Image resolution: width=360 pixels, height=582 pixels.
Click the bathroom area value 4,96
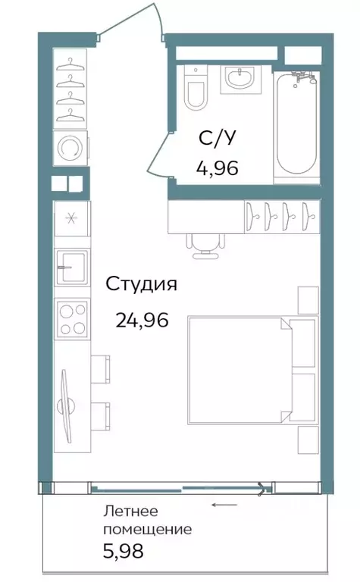(x=217, y=168)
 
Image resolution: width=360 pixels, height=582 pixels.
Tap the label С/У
(x=217, y=139)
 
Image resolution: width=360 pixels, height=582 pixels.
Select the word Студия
(x=142, y=285)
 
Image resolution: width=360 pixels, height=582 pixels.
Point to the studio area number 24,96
(x=142, y=320)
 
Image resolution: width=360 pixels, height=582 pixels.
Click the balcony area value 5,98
(x=124, y=551)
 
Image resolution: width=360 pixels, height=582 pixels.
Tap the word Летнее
(x=130, y=511)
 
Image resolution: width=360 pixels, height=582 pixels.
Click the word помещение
(x=148, y=529)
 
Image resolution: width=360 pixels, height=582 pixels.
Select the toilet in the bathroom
(x=196, y=88)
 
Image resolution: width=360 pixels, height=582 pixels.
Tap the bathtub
(x=297, y=124)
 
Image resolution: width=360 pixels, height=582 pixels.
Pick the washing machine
(x=70, y=148)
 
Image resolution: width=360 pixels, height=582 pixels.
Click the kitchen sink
(x=72, y=268)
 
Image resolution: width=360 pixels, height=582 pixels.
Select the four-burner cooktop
(x=72, y=319)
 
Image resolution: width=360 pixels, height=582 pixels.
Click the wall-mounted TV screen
(x=66, y=405)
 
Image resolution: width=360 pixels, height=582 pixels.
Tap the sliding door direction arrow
(x=224, y=505)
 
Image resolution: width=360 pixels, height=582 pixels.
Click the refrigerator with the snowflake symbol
(x=72, y=218)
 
